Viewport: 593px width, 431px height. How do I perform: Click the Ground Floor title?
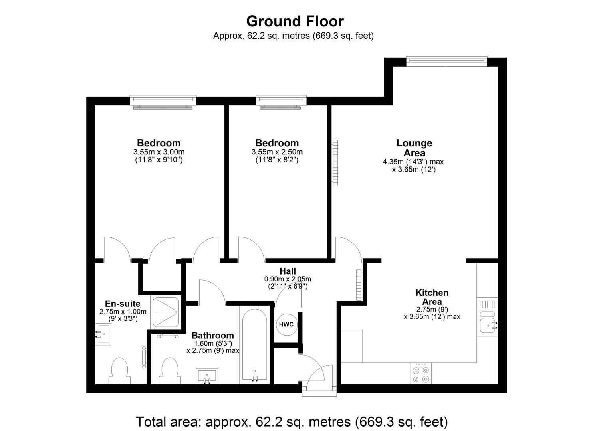click(x=295, y=21)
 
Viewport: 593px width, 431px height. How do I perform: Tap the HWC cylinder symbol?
click(x=286, y=324)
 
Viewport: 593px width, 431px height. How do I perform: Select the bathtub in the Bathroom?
click(x=254, y=345)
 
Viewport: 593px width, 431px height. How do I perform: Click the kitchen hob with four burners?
click(x=421, y=374)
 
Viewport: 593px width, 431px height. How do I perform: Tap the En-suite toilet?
click(x=119, y=370)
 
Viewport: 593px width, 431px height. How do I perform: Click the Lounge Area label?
click(x=414, y=148)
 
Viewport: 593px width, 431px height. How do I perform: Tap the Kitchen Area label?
click(x=432, y=297)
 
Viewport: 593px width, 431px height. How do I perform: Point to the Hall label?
click(x=288, y=272)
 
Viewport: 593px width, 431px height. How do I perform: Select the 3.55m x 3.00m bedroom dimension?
click(x=159, y=152)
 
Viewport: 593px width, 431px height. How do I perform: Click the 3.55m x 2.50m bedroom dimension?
click(x=277, y=152)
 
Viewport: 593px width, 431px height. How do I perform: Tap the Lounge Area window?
click(x=446, y=61)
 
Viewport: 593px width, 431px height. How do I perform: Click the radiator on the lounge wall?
click(x=335, y=162)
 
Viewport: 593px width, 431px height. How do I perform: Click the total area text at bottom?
click(x=292, y=422)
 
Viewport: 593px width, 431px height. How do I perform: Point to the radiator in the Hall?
click(x=359, y=285)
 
